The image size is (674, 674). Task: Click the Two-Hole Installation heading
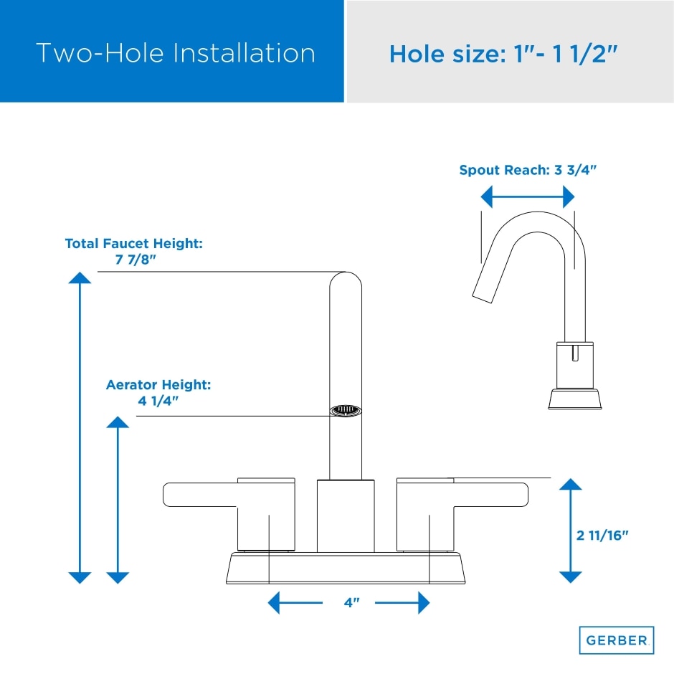click(175, 53)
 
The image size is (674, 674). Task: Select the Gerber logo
click(616, 640)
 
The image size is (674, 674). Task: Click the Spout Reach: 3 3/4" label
click(528, 171)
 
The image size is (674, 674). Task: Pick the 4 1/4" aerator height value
click(158, 400)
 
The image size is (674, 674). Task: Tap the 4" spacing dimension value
click(351, 603)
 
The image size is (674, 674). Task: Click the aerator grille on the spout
click(345, 411)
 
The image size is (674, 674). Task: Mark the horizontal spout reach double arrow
click(528, 196)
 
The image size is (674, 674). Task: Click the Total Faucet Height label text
click(134, 244)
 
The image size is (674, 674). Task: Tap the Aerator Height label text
click(158, 385)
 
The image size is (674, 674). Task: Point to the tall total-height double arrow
click(80, 427)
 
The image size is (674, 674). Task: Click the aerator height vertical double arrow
click(118, 499)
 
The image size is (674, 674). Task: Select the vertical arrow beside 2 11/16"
click(570, 531)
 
